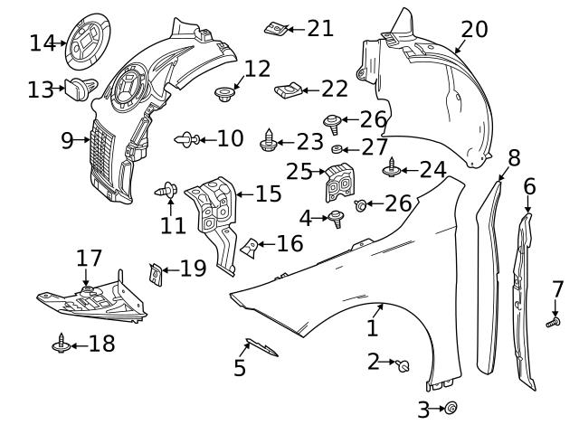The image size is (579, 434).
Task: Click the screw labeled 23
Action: click(269, 141)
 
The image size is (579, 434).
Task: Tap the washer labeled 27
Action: click(337, 148)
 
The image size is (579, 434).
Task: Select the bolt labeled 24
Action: click(392, 168)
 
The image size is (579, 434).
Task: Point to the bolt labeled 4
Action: click(336, 218)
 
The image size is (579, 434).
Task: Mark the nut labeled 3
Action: click(451, 409)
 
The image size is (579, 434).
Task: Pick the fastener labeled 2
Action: click(403, 364)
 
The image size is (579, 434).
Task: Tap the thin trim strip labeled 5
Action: click(261, 349)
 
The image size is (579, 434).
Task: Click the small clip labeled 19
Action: click(157, 271)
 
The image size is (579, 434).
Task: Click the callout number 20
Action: click(473, 29)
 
